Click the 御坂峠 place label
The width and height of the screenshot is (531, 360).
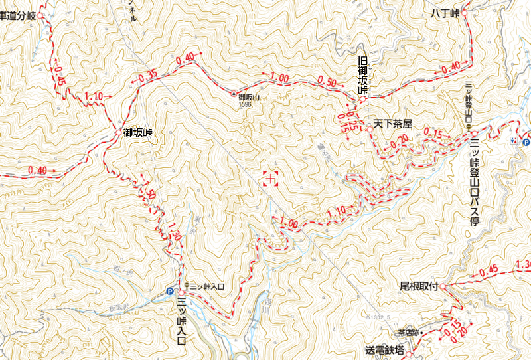138,133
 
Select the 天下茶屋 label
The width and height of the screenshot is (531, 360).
393,124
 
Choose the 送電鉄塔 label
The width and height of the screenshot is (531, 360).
384,349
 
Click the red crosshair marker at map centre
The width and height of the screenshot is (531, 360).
269,177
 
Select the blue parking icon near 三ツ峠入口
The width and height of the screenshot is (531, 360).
170,291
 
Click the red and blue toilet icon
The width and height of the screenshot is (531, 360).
513,141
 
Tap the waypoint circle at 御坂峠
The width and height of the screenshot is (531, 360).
118,133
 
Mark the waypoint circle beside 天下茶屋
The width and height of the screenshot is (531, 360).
369,124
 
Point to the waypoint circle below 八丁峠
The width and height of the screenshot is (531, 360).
464,13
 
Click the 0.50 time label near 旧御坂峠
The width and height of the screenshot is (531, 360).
327,82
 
